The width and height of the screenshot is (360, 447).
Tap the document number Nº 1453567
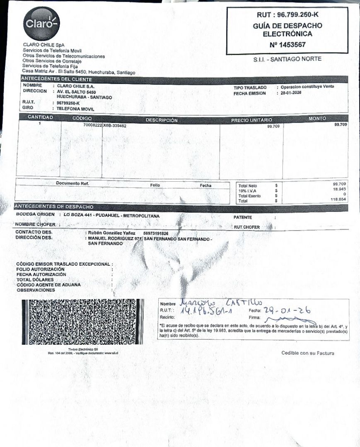click(288, 45)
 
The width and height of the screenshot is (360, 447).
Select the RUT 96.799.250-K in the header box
click(288, 15)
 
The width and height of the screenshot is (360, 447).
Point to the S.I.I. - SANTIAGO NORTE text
click(287, 59)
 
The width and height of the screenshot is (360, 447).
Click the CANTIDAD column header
click(40, 118)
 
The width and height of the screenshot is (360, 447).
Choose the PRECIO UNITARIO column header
click(251, 120)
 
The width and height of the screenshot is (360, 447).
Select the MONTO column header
click(317, 119)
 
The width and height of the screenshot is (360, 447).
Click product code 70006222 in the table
click(92, 125)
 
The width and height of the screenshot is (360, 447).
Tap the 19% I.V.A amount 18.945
click(340, 189)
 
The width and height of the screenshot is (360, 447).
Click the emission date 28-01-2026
click(291, 93)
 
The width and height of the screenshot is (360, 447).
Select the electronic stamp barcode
click(83, 322)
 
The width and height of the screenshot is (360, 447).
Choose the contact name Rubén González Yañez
click(109, 233)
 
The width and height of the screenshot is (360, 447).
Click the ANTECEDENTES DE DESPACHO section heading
click(54, 207)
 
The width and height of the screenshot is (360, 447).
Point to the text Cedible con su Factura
click(307, 353)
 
